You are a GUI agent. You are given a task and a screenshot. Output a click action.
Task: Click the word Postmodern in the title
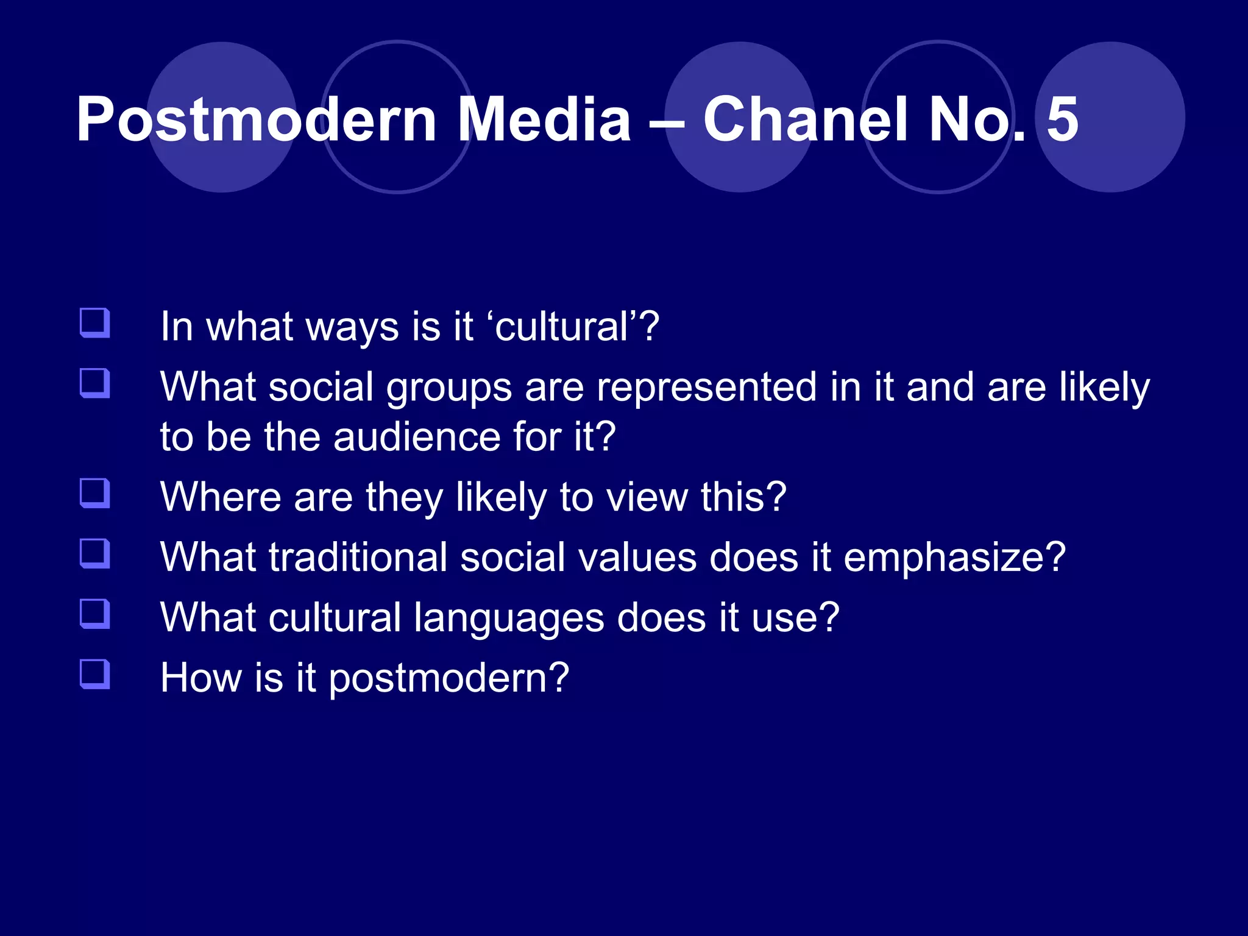coord(256,120)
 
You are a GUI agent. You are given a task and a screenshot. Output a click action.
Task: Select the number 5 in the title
coord(1062,120)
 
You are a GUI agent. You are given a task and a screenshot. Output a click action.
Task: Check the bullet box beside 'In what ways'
coord(95,323)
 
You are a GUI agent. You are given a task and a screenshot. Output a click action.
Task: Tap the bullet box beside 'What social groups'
coord(95,383)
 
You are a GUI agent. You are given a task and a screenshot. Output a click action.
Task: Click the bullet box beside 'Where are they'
coord(95,493)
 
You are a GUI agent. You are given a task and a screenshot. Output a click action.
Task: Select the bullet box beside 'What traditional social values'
coord(95,553)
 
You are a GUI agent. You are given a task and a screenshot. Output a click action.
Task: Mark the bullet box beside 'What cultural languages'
coord(95,614)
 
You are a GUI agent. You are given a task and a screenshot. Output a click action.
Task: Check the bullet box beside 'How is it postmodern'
coord(95,674)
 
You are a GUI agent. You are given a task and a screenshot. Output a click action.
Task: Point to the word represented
coord(706,388)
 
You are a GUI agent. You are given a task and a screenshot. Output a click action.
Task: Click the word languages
coord(509,619)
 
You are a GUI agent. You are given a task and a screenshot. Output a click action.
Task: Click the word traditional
coord(358,558)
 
